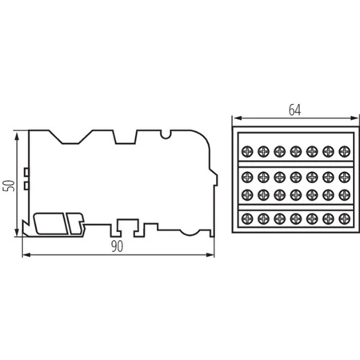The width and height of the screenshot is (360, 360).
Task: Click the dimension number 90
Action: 117,247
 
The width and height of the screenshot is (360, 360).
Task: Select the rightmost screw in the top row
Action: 346,150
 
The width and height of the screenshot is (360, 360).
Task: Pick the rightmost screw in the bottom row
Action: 346,218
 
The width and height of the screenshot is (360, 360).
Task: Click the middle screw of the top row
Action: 296,150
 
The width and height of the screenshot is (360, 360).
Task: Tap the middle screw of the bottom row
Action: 296,218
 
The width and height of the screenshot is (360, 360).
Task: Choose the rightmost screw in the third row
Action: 346,194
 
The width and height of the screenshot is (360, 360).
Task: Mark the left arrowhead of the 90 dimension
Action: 23,256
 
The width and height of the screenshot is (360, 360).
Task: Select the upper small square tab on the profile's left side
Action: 27,172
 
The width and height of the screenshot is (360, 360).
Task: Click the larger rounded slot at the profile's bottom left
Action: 53,222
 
